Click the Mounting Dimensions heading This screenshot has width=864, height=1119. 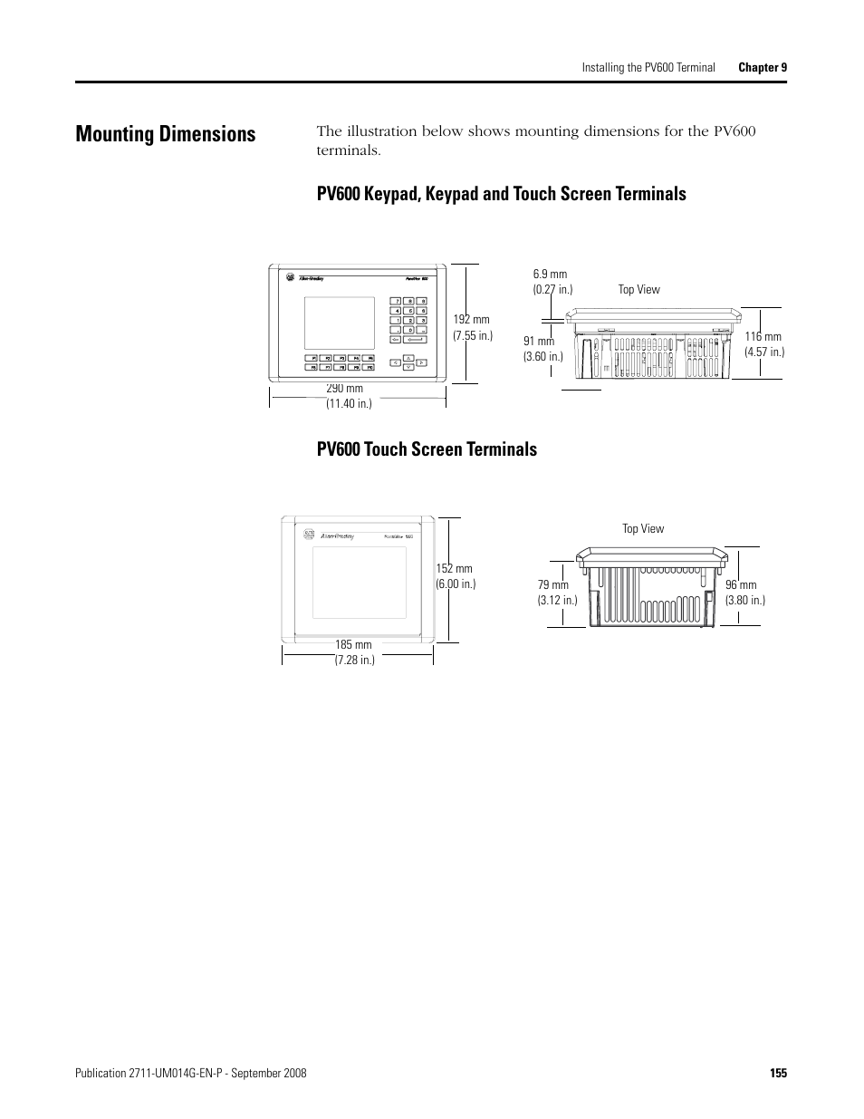click(166, 134)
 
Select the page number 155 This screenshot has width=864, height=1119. click(778, 1073)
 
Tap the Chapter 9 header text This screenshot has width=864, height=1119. click(763, 67)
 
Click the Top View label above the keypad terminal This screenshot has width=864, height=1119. click(639, 290)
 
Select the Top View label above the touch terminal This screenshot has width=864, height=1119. click(643, 529)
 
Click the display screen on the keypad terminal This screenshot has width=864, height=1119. click(339, 323)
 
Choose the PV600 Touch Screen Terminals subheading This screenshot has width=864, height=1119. click(427, 449)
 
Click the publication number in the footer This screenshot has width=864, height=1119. click(192, 1073)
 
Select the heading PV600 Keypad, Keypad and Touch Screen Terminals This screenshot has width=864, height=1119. click(501, 194)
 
